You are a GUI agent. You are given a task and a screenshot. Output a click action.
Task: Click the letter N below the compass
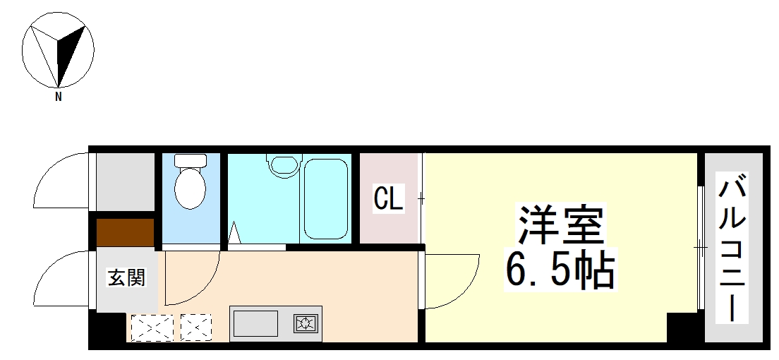tap(59, 97)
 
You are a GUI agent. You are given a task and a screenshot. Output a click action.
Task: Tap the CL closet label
tap(388, 199)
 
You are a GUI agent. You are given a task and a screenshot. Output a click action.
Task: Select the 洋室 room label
tap(562, 224)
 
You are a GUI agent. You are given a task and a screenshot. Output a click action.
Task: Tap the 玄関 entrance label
tap(126, 277)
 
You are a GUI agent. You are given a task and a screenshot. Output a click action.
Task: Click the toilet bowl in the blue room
tap(189, 187)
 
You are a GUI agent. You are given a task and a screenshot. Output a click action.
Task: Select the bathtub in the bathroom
tap(325, 198)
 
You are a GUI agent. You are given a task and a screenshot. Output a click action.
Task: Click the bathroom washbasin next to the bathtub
tap(284, 165)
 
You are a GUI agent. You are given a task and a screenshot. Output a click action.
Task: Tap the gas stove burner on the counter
tap(306, 324)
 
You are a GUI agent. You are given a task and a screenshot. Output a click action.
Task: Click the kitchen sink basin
tap(255, 324)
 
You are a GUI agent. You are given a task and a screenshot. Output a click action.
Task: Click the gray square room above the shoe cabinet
tap(125, 181)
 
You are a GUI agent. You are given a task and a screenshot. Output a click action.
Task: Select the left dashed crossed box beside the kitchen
tap(152, 328)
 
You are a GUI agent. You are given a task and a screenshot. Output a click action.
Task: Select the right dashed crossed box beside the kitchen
tap(196, 328)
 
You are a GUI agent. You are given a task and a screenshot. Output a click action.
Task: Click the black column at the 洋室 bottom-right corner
tap(682, 328)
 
